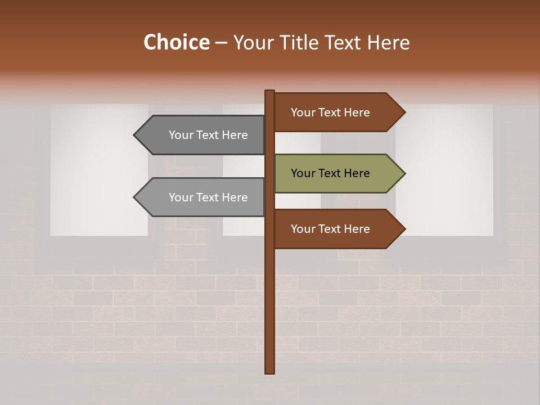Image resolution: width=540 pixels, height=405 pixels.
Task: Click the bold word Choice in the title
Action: click(x=176, y=42)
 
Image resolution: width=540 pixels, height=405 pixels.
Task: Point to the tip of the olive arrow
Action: click(x=404, y=173)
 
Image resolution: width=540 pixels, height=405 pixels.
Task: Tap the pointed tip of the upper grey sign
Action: click(x=135, y=135)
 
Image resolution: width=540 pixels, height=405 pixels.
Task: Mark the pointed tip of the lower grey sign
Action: click(x=135, y=197)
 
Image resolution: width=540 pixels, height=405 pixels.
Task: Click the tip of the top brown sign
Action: click(x=404, y=112)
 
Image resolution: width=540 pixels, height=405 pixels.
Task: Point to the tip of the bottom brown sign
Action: click(x=404, y=229)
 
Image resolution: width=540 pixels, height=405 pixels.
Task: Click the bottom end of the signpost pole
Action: click(x=269, y=371)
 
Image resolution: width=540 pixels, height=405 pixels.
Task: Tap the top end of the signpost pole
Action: click(x=269, y=92)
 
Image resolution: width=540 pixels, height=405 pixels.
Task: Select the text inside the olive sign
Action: click(x=330, y=173)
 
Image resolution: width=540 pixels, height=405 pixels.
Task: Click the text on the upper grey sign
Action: click(x=208, y=135)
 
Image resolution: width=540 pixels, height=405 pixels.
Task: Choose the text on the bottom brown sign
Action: click(x=330, y=229)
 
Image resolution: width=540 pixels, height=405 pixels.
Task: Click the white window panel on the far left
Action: click(x=99, y=169)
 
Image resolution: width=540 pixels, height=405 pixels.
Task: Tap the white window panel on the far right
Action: click(x=444, y=169)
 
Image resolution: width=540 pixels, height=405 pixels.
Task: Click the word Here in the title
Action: click(x=388, y=42)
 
